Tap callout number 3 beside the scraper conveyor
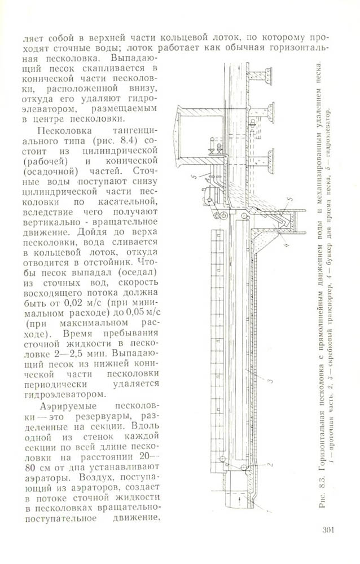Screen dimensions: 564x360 click(270, 382)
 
